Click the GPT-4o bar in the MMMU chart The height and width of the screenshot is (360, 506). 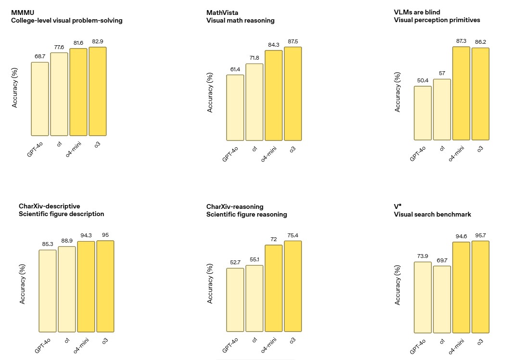pos(40,99)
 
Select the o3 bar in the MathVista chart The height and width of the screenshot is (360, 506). pos(293,93)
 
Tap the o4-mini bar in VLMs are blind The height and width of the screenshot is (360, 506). pos(461,93)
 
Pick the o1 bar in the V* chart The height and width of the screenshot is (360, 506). pos(442,299)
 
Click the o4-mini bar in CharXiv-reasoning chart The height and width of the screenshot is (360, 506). pos(274,288)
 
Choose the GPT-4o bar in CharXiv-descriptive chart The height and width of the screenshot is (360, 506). pos(48,291)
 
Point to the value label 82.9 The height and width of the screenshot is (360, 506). pos(98,42)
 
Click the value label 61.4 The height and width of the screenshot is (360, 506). pos(235,70)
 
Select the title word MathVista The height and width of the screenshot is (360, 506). pos(221,13)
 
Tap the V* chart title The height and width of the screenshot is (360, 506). pos(397,206)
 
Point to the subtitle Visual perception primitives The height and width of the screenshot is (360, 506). pos(437,20)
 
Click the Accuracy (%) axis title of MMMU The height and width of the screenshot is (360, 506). pos(15,88)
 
